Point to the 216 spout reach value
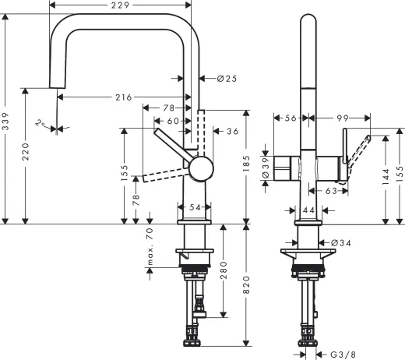[x=123, y=97]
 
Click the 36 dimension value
[x=232, y=132]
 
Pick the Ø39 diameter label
[x=266, y=168]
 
